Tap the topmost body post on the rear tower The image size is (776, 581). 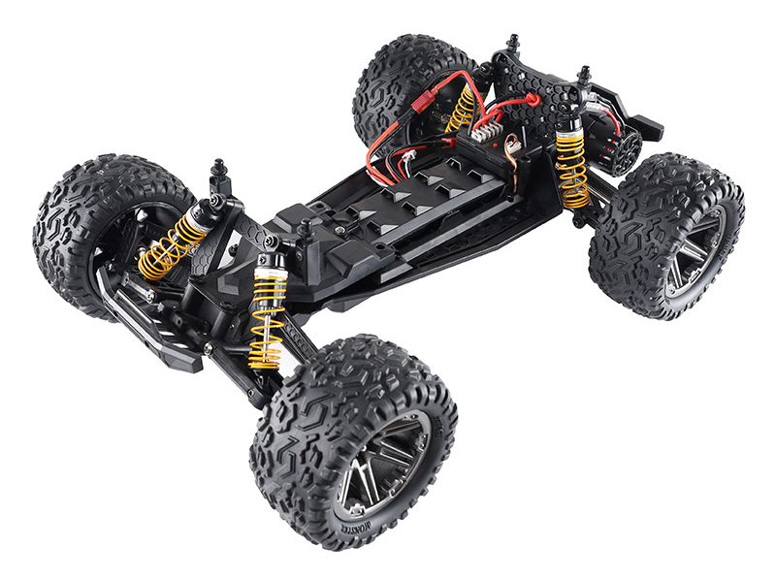[x=513, y=45]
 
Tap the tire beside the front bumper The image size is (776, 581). [x=86, y=223]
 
